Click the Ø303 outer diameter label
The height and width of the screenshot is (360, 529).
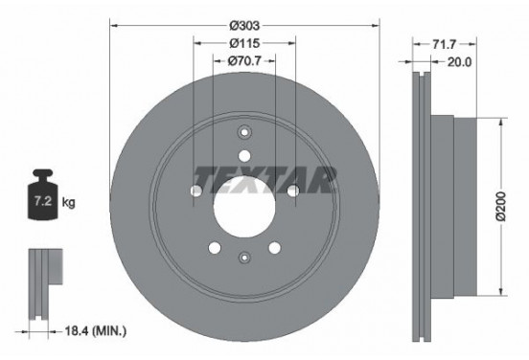(244, 25)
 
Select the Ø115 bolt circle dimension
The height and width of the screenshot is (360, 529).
(244, 42)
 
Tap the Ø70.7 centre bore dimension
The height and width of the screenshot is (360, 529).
(244, 60)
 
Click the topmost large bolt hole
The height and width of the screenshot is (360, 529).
(244, 155)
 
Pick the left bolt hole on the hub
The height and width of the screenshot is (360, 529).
(196, 191)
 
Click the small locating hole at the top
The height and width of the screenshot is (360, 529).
(244, 133)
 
